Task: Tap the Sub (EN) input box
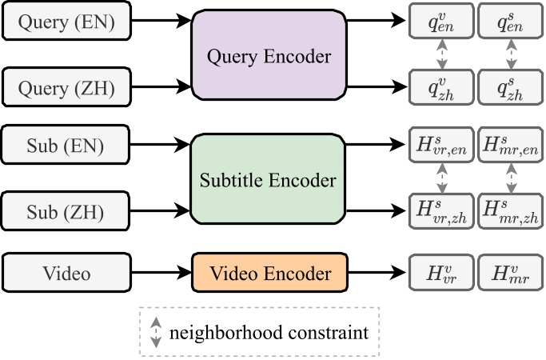66,147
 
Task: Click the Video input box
66,274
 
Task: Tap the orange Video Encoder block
269,274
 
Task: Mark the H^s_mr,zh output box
510,210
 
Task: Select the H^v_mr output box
510,274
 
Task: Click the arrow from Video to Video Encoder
160,274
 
